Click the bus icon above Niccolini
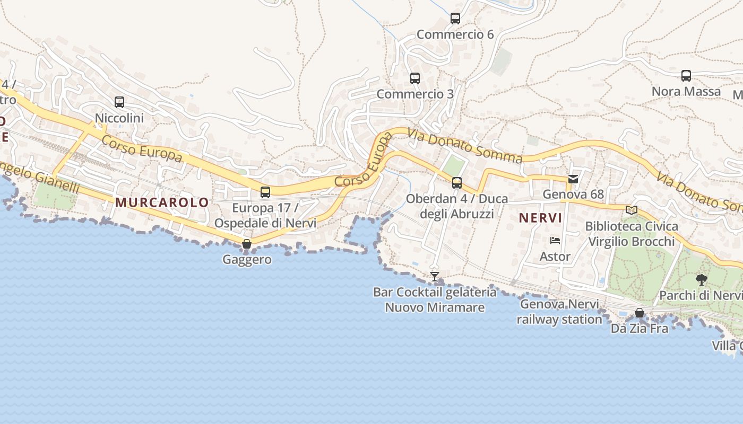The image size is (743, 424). pyautogui.click(x=119, y=102)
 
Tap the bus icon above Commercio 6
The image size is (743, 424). pyautogui.click(x=455, y=19)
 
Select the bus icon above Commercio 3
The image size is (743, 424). pyautogui.click(x=415, y=78)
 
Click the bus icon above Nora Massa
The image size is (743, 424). pyautogui.click(x=686, y=76)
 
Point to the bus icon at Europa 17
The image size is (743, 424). pyautogui.click(x=265, y=192)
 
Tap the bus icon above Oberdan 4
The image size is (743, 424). pyautogui.click(x=457, y=183)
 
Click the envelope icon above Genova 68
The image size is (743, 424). pyautogui.click(x=573, y=179)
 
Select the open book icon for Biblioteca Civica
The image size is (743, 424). pyautogui.click(x=632, y=210)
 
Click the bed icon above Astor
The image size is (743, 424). pyautogui.click(x=555, y=241)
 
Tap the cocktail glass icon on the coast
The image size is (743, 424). pyautogui.click(x=435, y=276)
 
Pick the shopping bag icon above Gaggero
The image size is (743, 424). pyautogui.click(x=247, y=244)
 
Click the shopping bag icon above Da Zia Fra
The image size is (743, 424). pyautogui.click(x=640, y=313)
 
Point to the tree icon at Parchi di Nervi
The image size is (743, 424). pyautogui.click(x=702, y=280)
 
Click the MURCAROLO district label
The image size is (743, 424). pyautogui.click(x=162, y=202)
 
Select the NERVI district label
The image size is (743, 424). pyautogui.click(x=540, y=218)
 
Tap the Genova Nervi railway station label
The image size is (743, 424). pyautogui.click(x=559, y=312)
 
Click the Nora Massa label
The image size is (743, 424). pyautogui.click(x=686, y=91)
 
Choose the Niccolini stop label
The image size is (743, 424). pyautogui.click(x=119, y=118)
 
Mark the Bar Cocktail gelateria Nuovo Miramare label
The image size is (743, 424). pyautogui.click(x=435, y=299)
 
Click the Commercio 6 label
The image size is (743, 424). pyautogui.click(x=455, y=34)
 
